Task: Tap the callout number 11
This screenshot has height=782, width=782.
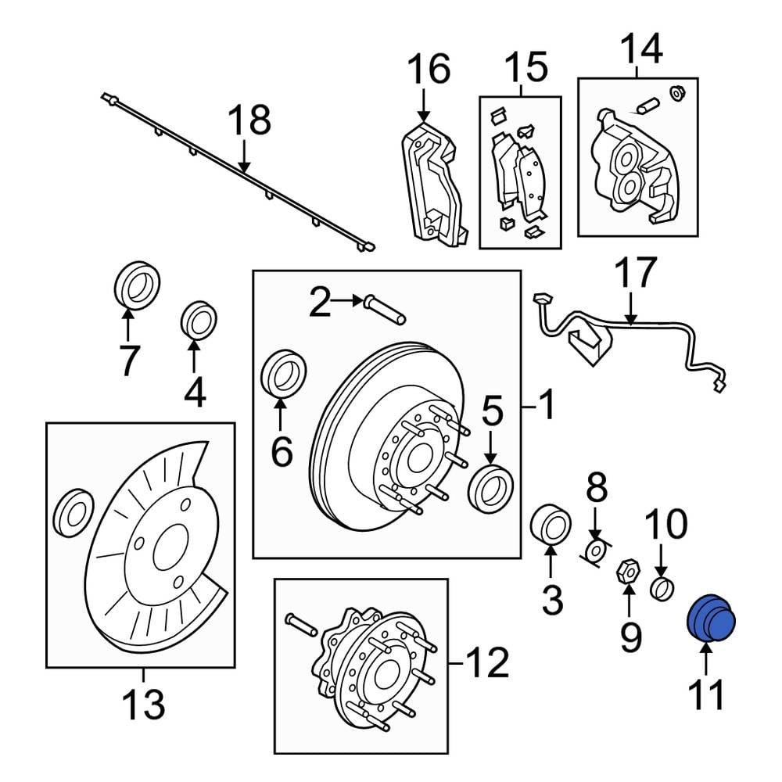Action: pos(705,695)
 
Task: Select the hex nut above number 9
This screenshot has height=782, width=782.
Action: pos(627,570)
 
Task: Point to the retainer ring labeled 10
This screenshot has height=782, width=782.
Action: pos(662,588)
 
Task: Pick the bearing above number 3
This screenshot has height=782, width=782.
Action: pos(551,522)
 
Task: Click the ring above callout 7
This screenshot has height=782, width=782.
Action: pos(137,284)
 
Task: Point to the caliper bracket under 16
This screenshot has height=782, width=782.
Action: pos(432,184)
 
